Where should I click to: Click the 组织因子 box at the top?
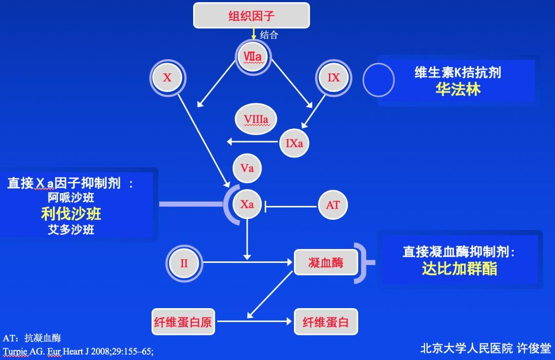point(251,15)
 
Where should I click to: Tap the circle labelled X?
point(168,78)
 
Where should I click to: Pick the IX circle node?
point(334,78)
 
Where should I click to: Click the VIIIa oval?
point(255,120)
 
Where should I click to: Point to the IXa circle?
point(294,143)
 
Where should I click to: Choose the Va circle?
point(247,168)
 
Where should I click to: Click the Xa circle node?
point(247,204)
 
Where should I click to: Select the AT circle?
point(332,205)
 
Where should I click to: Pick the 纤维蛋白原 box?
point(182,323)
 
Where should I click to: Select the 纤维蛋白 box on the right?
point(326,323)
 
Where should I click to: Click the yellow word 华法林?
point(458,89)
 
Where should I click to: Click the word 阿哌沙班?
point(71,198)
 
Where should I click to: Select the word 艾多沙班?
point(71,230)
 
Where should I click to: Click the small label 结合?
point(269,35)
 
